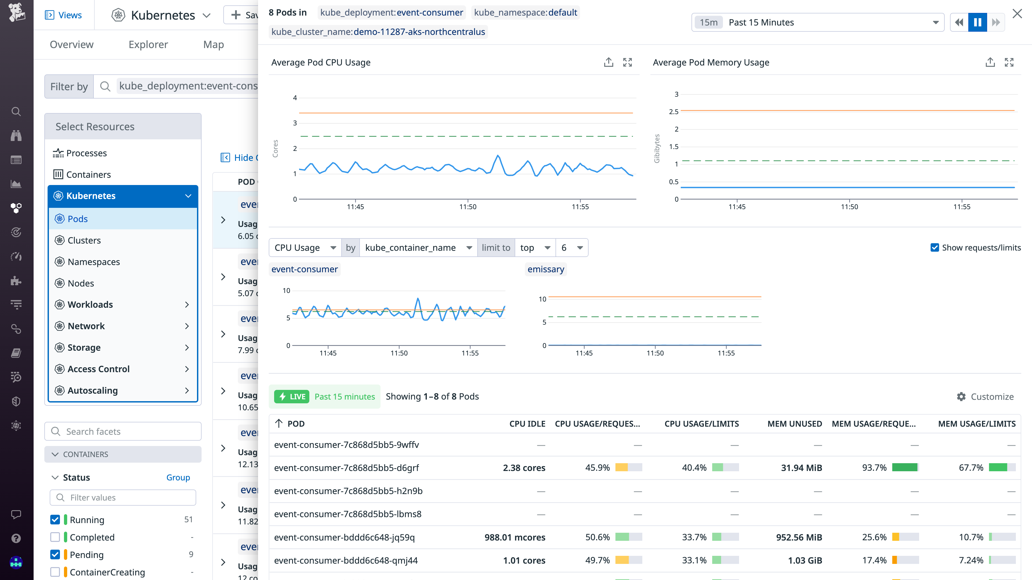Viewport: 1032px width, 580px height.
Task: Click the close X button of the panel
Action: pyautogui.click(x=1017, y=14)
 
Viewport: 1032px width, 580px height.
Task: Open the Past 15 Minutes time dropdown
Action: pyautogui.click(x=817, y=22)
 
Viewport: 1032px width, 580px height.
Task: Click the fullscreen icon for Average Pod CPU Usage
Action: pyautogui.click(x=627, y=63)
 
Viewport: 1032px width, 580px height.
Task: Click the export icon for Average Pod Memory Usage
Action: pyautogui.click(x=990, y=63)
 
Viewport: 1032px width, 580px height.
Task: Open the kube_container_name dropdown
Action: pyautogui.click(x=418, y=248)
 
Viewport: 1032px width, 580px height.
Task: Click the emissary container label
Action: pyautogui.click(x=546, y=269)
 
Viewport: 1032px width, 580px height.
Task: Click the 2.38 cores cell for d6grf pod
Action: pyautogui.click(x=524, y=467)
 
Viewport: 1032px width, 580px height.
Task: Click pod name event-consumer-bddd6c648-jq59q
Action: pyautogui.click(x=344, y=537)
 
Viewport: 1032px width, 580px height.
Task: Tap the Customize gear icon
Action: pyautogui.click(x=961, y=397)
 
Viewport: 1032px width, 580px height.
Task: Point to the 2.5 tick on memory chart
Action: pyautogui.click(x=673, y=112)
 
